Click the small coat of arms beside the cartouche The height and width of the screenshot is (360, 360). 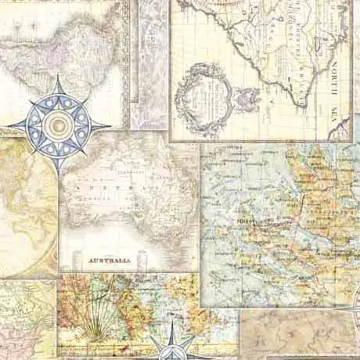pyautogui.click(x=249, y=99)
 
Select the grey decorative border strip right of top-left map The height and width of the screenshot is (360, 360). pyautogui.click(x=149, y=63)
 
